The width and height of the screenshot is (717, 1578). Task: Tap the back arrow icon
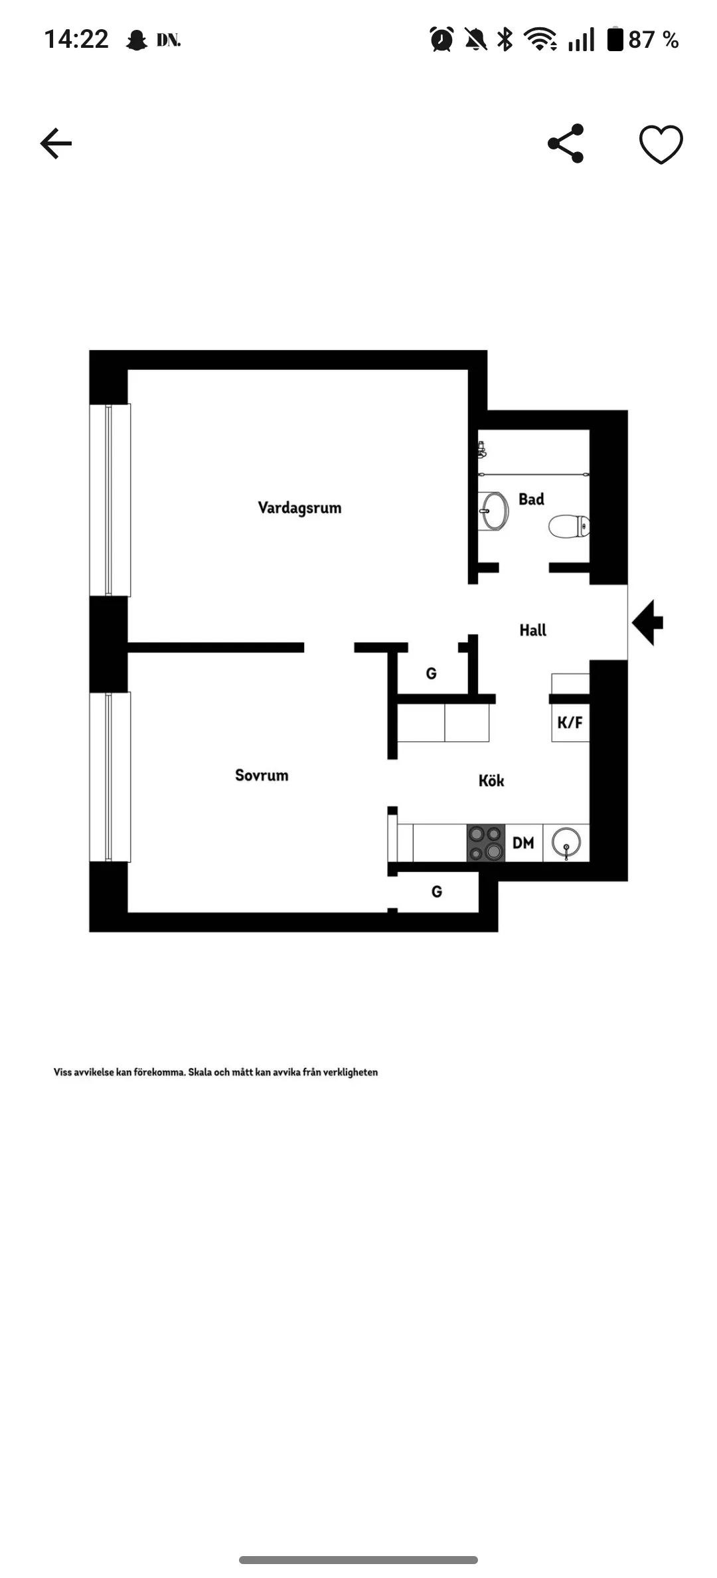tap(56, 143)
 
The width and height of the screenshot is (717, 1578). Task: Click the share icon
tap(566, 143)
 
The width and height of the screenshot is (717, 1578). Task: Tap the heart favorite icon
tap(661, 144)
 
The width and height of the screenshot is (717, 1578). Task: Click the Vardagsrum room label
tap(299, 508)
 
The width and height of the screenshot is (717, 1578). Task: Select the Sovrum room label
tap(262, 775)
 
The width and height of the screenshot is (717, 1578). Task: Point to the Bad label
tap(531, 499)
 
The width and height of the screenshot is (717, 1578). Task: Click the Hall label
tap(532, 630)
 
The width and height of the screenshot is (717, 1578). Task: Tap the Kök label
tap(491, 780)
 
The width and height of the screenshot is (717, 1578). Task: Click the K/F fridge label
tap(570, 723)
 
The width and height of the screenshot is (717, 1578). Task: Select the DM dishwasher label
tap(523, 843)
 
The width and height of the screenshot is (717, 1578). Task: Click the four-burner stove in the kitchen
tap(486, 843)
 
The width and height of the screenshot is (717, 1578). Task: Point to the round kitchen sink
tap(566, 842)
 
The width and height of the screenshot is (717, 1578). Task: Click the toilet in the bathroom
tap(569, 527)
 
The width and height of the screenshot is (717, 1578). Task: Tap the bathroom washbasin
tap(493, 511)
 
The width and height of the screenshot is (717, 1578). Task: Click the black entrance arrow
tap(647, 622)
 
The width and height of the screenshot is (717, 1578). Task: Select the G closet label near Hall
tap(432, 673)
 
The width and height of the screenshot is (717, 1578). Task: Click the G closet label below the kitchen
tap(437, 891)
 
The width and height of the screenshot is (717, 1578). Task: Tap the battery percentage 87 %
tap(653, 40)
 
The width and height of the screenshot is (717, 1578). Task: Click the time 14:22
tap(76, 39)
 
